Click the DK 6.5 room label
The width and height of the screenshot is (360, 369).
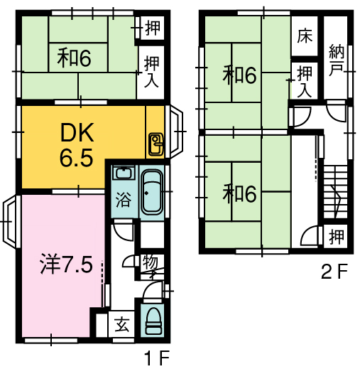[77, 144]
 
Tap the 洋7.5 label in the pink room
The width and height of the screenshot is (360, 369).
[66, 264]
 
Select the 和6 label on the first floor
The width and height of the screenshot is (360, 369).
[74, 58]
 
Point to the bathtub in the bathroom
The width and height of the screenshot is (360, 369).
[152, 192]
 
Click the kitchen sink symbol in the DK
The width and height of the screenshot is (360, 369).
[156, 144]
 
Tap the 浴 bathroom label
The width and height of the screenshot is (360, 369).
[124, 200]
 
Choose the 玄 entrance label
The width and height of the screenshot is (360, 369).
[122, 325]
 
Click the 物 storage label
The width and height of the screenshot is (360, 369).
[151, 263]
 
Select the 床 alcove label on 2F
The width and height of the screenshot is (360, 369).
[305, 36]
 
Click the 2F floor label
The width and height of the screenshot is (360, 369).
[334, 272]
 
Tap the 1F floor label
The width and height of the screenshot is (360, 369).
[157, 358]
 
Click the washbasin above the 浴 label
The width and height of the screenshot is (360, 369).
[124, 173]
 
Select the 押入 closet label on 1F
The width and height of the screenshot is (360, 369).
[151, 71]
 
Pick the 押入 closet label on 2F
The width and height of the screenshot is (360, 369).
[305, 82]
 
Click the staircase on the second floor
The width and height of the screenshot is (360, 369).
[336, 192]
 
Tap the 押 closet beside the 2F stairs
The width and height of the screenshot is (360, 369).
[337, 237]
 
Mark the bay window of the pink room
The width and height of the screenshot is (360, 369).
[9, 221]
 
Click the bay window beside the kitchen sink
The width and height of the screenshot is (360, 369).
[175, 132]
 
